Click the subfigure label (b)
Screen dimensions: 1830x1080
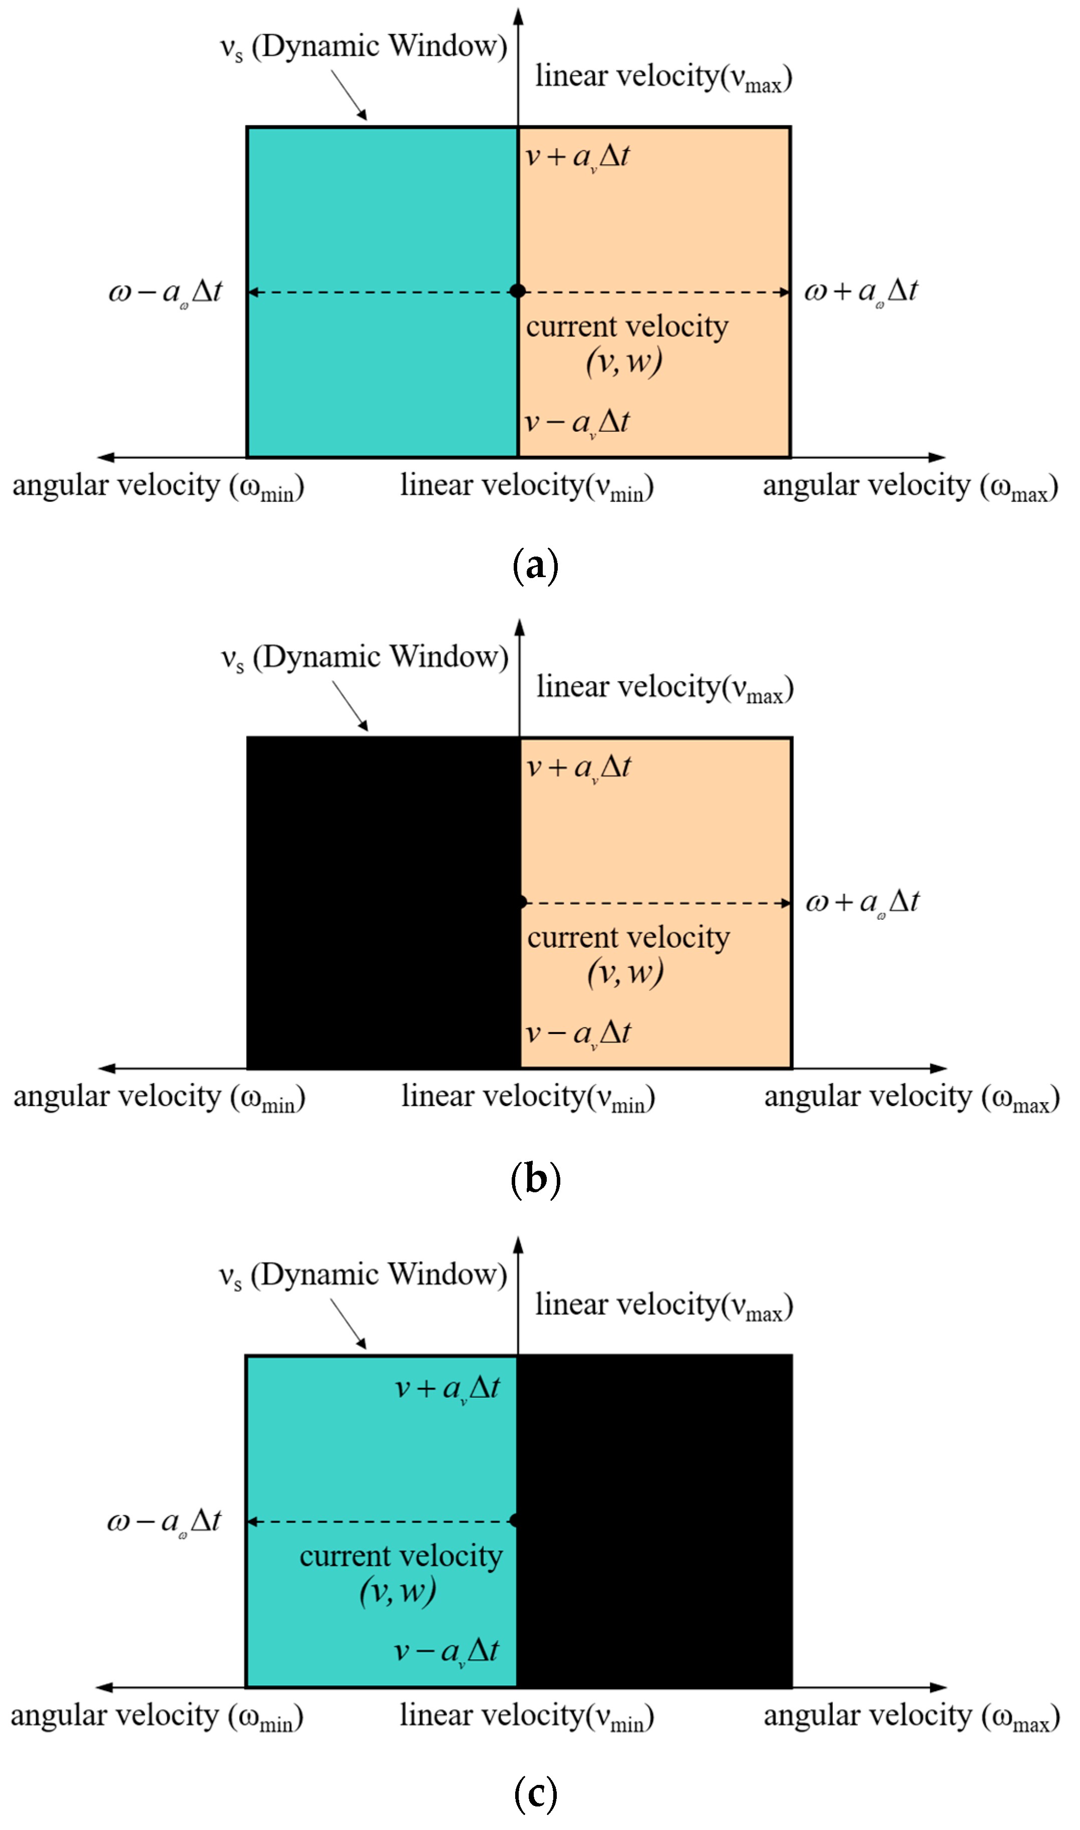pos(536,1179)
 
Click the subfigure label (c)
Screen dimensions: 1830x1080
pos(536,1793)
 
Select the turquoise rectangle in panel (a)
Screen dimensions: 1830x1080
pos(382,218)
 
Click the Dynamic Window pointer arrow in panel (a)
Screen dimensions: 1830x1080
pos(350,95)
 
